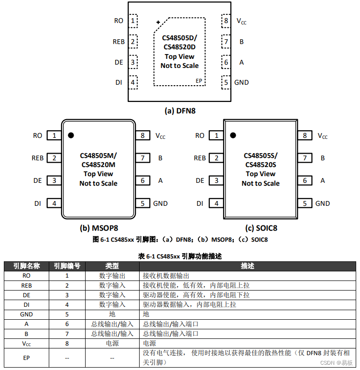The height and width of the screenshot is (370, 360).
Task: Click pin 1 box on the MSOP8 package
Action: tap(55, 135)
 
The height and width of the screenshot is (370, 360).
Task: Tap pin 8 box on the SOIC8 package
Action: tap(305, 135)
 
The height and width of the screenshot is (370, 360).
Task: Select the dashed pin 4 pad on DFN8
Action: tap(132, 82)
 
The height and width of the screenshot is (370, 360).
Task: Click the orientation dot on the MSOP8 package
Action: tap(71, 135)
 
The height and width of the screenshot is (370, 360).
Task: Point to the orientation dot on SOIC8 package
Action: tap(233, 135)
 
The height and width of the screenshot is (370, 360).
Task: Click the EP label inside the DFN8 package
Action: tap(199, 81)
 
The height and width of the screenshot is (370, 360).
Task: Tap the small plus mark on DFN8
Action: tap(158, 22)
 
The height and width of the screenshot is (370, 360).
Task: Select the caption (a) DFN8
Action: tap(180, 111)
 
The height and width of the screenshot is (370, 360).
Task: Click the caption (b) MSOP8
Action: tap(99, 228)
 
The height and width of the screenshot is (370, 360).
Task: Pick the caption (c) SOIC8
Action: tap(261, 228)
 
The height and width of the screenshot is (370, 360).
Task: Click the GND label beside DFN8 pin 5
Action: tap(241, 82)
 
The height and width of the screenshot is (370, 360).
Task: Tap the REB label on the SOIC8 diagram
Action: tap(200, 158)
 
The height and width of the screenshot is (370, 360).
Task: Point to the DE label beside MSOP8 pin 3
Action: tap(38, 180)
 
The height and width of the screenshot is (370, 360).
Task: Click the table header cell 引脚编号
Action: tap(67, 266)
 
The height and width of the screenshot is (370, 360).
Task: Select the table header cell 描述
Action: tap(247, 266)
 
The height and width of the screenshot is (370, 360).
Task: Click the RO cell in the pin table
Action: tap(26, 276)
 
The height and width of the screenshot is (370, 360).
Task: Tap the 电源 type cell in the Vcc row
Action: tap(112, 343)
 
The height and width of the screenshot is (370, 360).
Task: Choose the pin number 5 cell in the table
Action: tap(67, 314)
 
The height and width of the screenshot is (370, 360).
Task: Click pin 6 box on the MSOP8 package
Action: tap(142, 180)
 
